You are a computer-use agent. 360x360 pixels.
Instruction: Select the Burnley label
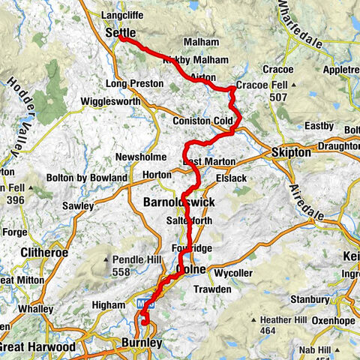(x=141, y=343)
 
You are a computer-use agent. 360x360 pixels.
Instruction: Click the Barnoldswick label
(x=178, y=202)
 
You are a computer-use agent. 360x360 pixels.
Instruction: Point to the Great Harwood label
(x=37, y=347)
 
